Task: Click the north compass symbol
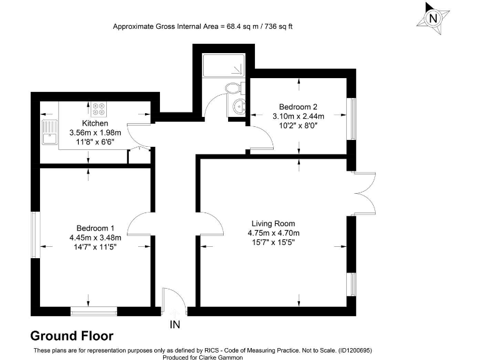coord(433,18)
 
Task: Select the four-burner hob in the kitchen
coord(98,109)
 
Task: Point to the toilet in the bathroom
coord(233,87)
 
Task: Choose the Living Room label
coord(273,224)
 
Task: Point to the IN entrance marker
coord(176,325)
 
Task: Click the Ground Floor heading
coord(72,336)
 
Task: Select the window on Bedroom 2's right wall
coord(352,119)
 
